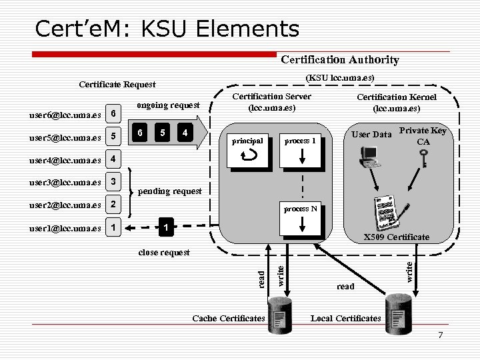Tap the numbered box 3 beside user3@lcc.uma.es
tap(113, 183)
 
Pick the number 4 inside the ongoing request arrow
tap(184, 133)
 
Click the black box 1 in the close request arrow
tap(163, 228)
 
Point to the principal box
tap(247, 151)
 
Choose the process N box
tap(304, 219)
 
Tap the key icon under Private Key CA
tap(421, 159)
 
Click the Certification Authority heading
tap(340, 60)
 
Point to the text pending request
tap(169, 191)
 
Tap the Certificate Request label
tap(117, 84)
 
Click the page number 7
tap(440, 334)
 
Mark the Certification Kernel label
tap(397, 102)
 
